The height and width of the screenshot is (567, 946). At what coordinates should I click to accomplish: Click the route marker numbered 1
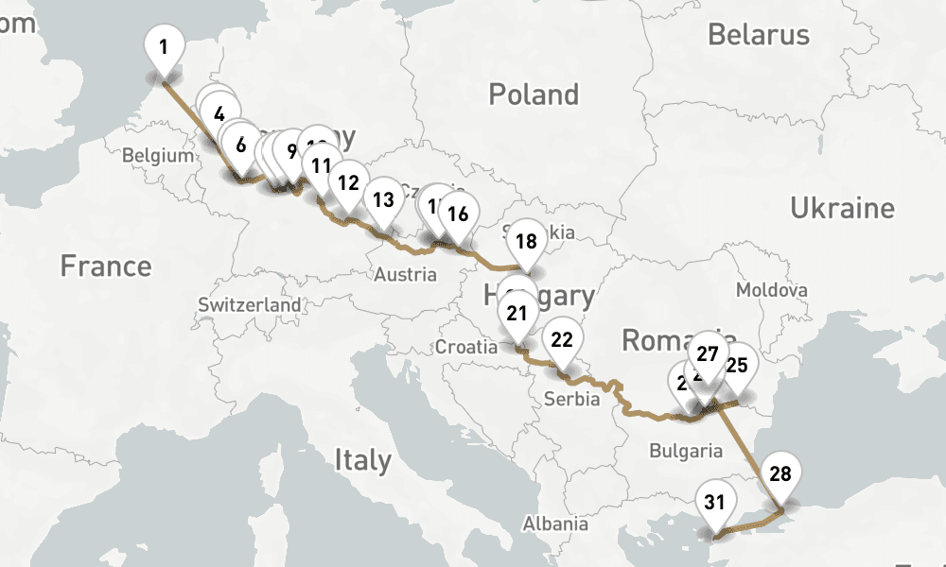[165, 45]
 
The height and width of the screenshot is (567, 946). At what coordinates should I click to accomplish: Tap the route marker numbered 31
[714, 503]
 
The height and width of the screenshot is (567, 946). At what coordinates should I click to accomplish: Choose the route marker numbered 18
[526, 241]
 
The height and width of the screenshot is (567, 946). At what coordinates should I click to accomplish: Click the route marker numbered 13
[383, 200]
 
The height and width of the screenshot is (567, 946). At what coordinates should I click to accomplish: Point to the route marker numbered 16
[457, 214]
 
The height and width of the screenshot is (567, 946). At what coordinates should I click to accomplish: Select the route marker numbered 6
[241, 146]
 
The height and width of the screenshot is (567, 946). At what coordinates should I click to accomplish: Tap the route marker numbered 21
[517, 313]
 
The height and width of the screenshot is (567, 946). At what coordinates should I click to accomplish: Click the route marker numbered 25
[737, 365]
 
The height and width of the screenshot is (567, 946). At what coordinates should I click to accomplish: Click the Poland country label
[534, 94]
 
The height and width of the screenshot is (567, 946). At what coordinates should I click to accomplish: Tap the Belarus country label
[759, 35]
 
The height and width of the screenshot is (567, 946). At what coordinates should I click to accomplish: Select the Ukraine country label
[842, 208]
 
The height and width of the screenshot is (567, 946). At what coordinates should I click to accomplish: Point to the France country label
[105, 266]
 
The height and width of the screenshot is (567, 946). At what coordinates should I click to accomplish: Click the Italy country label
[362, 460]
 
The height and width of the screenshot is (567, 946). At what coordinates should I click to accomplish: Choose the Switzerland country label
[250, 305]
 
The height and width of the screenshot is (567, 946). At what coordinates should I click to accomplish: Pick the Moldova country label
[772, 290]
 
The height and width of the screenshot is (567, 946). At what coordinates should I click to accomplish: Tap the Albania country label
[555, 524]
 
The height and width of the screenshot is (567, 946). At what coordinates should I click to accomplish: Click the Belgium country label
[158, 156]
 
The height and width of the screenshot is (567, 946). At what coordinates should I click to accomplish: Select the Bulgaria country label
[686, 451]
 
